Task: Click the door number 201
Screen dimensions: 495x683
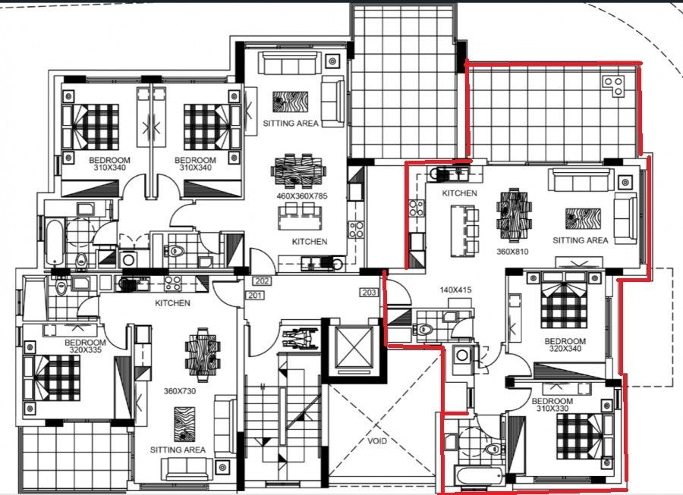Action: coord(254,296)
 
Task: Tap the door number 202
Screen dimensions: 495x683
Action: coord(263,280)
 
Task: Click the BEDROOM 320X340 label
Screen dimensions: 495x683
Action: coord(565,345)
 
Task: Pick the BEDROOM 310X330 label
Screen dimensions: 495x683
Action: coord(551,404)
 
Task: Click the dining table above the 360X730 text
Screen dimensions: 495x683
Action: coord(202,353)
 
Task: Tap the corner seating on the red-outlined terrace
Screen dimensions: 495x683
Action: coord(615,85)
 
